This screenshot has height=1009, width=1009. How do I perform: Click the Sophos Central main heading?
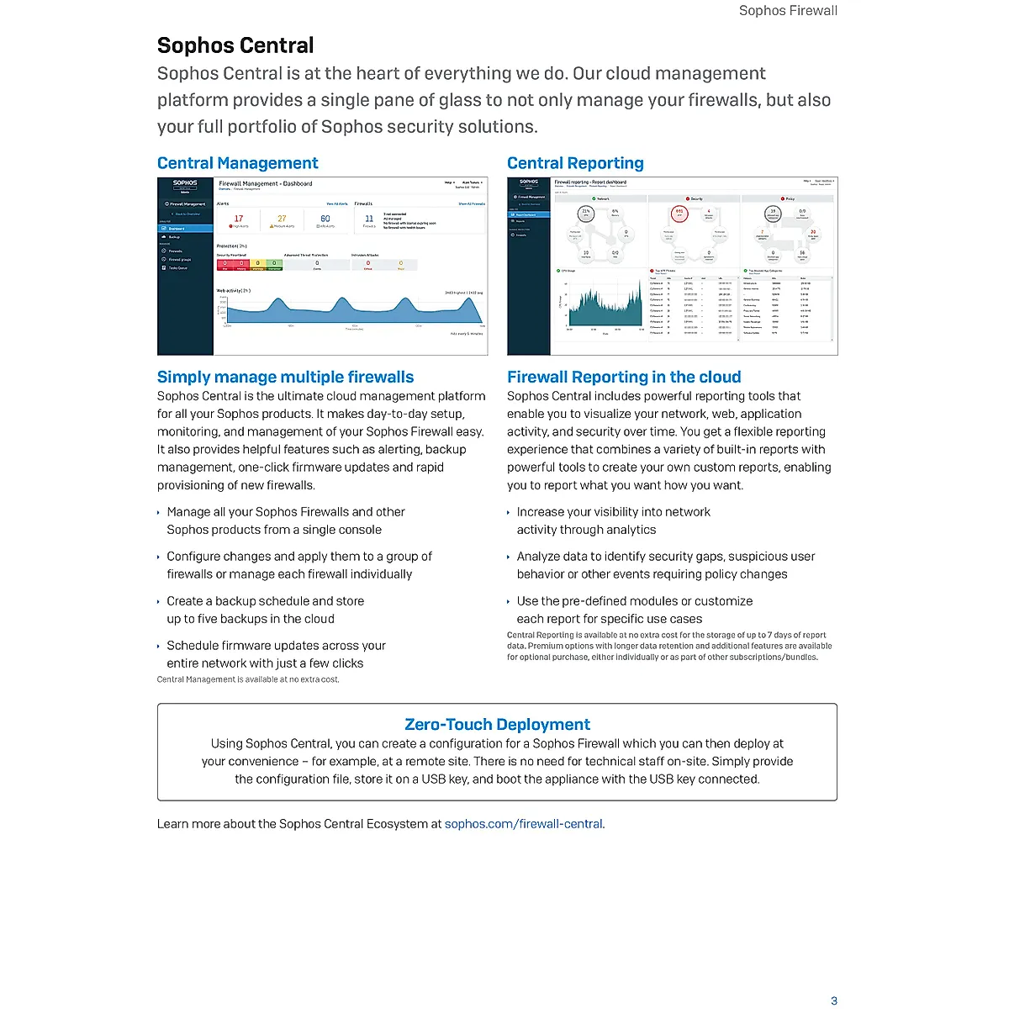pyautogui.click(x=235, y=45)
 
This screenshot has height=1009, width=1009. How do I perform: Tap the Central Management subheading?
pyautogui.click(x=238, y=163)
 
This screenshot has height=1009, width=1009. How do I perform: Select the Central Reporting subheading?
pyautogui.click(x=575, y=163)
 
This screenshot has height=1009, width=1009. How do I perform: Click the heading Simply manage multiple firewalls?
pyautogui.click(x=285, y=377)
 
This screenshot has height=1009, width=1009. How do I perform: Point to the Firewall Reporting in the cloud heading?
pyautogui.click(x=624, y=377)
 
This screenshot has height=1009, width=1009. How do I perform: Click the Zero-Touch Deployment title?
pyautogui.click(x=497, y=724)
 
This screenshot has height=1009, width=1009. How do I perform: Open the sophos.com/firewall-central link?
pyautogui.click(x=523, y=824)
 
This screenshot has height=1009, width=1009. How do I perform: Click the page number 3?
pyautogui.click(x=834, y=1001)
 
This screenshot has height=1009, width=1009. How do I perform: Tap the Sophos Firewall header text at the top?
pyautogui.click(x=788, y=11)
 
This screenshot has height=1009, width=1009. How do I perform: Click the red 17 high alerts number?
pyautogui.click(x=239, y=219)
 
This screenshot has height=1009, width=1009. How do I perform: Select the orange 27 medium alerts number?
pyautogui.click(x=282, y=219)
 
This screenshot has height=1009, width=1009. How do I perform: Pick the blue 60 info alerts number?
pyautogui.click(x=325, y=219)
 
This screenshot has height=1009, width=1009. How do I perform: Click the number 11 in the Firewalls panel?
pyautogui.click(x=369, y=219)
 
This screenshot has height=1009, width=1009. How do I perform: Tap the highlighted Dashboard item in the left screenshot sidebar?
pyautogui.click(x=186, y=229)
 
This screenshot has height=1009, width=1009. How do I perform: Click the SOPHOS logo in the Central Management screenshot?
pyautogui.click(x=185, y=182)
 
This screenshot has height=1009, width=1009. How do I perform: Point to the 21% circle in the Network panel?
pyautogui.click(x=587, y=214)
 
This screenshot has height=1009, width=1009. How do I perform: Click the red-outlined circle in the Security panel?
pyautogui.click(x=680, y=214)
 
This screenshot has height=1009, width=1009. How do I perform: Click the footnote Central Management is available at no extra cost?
pyautogui.click(x=248, y=679)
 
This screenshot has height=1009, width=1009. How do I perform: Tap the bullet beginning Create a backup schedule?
pyautogui.click(x=265, y=610)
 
